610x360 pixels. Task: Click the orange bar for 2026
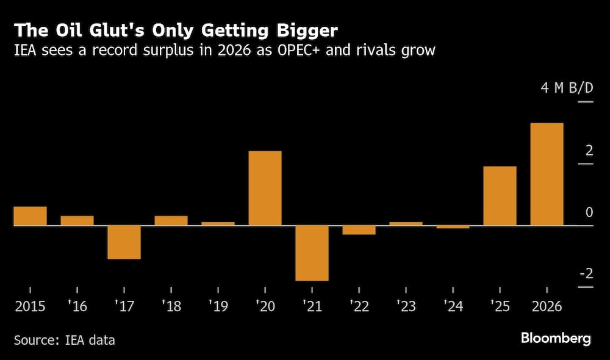point(547,175)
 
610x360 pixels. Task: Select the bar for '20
point(265,188)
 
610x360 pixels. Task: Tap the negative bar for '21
point(312,253)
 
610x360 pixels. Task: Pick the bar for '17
point(124,242)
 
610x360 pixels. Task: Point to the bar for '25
point(500,196)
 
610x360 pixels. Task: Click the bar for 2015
point(30,216)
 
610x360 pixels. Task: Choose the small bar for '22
point(359,230)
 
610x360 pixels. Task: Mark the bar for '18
point(171,221)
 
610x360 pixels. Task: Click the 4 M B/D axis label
point(567,88)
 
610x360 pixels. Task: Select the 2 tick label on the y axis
point(589,150)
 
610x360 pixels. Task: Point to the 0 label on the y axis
point(589,212)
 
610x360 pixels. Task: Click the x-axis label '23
point(406,305)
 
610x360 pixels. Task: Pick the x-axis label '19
point(218,305)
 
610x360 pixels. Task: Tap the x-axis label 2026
point(547,305)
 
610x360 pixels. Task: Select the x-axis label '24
point(453,305)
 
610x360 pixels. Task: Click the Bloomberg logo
point(556,338)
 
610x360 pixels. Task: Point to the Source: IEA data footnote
point(64,340)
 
